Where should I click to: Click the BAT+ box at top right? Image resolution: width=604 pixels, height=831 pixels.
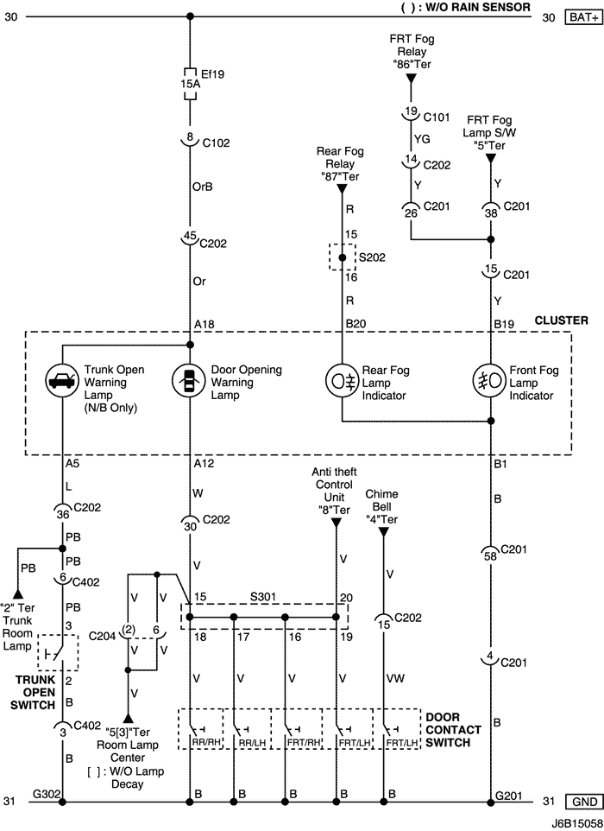tap(584, 17)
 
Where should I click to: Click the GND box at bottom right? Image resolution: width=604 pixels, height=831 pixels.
tap(584, 802)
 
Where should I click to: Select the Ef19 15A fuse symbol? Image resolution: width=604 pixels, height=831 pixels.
tap(190, 84)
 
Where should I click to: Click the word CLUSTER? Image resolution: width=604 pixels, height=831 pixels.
tap(561, 320)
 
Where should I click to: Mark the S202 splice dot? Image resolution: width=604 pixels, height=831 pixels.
tap(342, 257)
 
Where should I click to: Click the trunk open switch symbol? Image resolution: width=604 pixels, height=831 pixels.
tap(58, 652)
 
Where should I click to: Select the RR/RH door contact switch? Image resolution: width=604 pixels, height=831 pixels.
tap(200, 729)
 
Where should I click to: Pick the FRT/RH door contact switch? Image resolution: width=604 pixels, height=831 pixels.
tap(297, 729)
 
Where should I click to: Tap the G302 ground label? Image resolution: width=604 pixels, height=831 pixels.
tap(47, 794)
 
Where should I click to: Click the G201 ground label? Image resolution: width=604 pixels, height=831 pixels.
tap(509, 796)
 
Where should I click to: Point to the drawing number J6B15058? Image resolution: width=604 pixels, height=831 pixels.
tap(577, 824)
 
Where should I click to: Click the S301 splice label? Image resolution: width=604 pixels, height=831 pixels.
tap(263, 597)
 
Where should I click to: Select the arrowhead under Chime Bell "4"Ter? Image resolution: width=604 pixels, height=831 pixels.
tap(384, 532)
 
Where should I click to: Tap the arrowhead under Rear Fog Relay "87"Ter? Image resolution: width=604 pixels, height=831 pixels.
tap(342, 189)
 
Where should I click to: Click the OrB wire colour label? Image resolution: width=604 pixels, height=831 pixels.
tap(202, 187)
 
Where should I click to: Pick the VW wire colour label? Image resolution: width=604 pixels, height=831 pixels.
tap(396, 678)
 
